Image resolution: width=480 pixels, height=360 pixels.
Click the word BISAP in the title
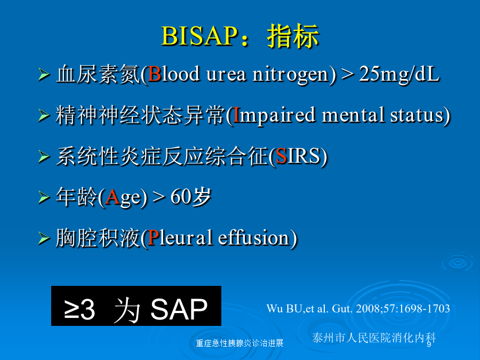tap(199, 36)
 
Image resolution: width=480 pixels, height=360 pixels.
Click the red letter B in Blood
tap(155, 74)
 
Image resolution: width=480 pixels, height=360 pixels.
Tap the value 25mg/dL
tap(399, 74)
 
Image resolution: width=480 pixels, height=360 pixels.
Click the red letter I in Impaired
tap(236, 115)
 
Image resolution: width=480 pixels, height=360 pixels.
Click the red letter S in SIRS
tap(281, 156)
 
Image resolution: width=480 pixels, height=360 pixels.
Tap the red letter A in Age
tap(113, 197)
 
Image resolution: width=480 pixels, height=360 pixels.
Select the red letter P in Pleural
tap(154, 237)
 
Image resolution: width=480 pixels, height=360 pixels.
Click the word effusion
tap(253, 237)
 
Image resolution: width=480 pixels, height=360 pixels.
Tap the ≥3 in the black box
tap(79, 310)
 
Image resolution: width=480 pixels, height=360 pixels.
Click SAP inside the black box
tap(179, 309)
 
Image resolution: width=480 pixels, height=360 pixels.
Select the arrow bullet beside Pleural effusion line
tap(44, 238)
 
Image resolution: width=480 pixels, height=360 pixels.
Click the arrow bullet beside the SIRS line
tap(44, 157)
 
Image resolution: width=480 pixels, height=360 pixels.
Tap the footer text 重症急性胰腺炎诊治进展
tap(239, 343)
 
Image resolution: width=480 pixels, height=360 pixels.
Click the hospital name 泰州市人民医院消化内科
tap(374, 338)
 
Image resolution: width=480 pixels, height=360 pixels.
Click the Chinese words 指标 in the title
tap(293, 36)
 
